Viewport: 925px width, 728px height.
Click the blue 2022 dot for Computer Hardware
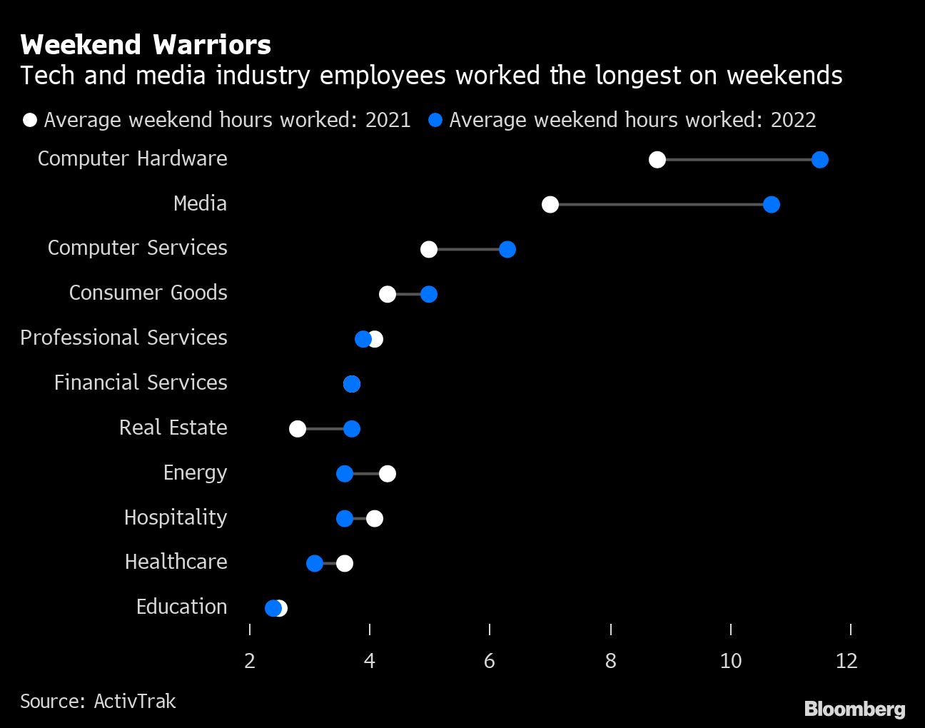tap(819, 160)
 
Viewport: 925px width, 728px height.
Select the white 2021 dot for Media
tap(550, 205)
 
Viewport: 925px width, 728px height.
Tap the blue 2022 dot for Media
tap(771, 205)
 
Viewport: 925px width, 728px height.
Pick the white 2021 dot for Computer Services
tap(428, 249)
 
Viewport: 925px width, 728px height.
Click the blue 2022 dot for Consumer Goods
tap(428, 294)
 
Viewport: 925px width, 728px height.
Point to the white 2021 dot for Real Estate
tap(298, 429)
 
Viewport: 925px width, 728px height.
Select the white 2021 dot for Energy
tap(388, 474)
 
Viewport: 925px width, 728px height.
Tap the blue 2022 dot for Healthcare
tap(315, 564)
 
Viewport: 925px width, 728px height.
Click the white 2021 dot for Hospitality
tap(375, 519)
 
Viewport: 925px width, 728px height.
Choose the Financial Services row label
tap(141, 383)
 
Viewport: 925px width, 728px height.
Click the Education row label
tap(181, 607)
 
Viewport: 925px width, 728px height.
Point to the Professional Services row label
tap(123, 338)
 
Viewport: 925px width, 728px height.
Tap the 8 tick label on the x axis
tap(610, 661)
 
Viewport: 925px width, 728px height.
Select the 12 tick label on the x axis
tap(846, 661)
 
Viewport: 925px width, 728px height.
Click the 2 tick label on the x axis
tap(249, 661)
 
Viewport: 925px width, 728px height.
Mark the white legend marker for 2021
tap(30, 120)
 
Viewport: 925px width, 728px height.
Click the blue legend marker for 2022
tap(435, 120)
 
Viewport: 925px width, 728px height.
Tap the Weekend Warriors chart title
tap(146, 45)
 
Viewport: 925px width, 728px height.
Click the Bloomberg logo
tap(854, 709)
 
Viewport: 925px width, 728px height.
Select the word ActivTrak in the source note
tap(135, 702)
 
